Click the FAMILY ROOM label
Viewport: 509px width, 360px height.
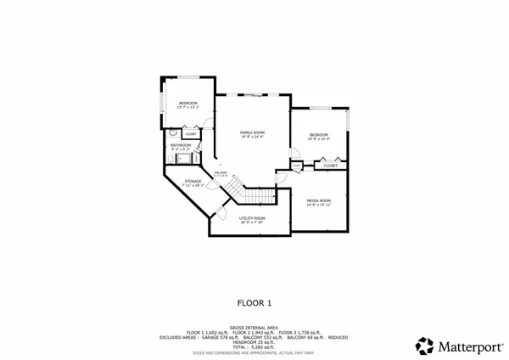252,132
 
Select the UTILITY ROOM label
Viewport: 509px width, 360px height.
252,218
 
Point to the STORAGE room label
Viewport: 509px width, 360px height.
193,181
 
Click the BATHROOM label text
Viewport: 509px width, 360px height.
180,145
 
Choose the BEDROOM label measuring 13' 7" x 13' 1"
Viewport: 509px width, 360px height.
187,103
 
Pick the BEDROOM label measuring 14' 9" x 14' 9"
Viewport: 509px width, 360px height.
319,135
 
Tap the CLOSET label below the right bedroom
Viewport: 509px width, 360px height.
330,166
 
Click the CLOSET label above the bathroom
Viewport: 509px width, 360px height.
191,133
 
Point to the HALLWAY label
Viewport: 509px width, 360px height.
221,173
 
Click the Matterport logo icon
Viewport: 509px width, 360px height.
424,346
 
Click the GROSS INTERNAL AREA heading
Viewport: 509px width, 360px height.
254,327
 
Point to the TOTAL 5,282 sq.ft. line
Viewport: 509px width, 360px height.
254,346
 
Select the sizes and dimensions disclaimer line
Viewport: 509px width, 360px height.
254,352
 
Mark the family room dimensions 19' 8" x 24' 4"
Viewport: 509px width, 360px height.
252,137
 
